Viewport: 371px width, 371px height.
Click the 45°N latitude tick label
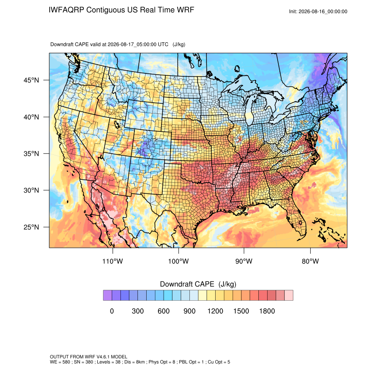click(31, 80)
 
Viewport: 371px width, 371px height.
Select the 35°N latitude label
click(31, 154)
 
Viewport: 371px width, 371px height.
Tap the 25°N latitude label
click(31, 227)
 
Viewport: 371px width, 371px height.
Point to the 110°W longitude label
click(113, 261)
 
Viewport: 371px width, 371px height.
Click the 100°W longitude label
click(179, 261)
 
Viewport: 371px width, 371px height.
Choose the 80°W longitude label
click(310, 261)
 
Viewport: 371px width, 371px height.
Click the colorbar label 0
click(112, 311)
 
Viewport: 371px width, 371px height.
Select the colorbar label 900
click(189, 311)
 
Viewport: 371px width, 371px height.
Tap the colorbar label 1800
click(267, 311)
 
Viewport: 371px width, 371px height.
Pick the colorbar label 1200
click(215, 311)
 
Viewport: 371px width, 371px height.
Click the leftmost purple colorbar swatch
click(107, 295)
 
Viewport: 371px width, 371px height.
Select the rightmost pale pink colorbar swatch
click(289, 295)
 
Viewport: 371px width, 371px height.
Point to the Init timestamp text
click(318, 11)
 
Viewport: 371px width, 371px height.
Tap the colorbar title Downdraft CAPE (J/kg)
click(198, 284)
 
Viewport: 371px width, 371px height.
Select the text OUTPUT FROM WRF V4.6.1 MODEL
click(89, 357)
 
